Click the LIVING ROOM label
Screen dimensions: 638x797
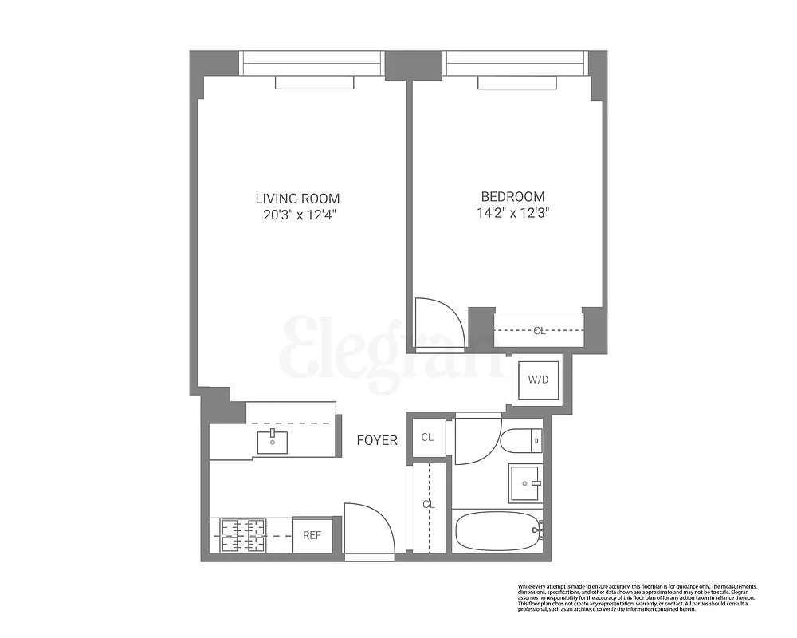point(297,199)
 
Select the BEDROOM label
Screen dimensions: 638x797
point(512,197)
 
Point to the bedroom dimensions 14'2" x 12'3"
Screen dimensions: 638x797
point(512,213)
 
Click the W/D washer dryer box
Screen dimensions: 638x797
point(538,380)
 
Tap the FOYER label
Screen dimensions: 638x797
point(376,440)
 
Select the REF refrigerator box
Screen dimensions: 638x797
point(312,535)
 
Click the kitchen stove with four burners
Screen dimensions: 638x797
point(242,535)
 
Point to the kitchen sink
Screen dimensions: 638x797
point(272,439)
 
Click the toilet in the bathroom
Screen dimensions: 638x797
point(523,439)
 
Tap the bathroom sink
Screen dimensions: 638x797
point(525,482)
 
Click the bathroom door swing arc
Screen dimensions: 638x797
point(477,440)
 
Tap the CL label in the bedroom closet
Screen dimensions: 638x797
point(540,331)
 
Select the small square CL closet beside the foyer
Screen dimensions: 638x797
point(428,437)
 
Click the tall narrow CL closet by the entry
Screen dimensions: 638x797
point(429,506)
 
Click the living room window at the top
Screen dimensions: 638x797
point(312,62)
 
